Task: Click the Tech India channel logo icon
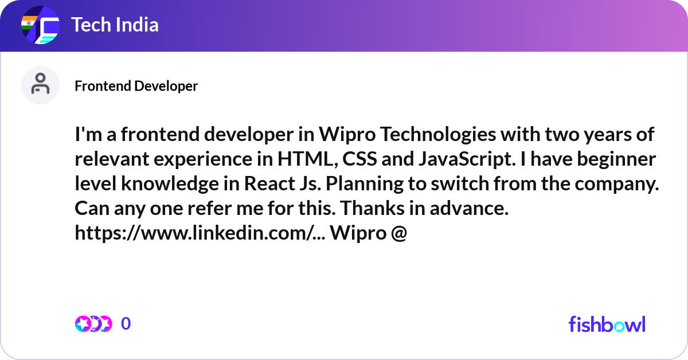click(x=40, y=26)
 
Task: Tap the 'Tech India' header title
click(x=115, y=25)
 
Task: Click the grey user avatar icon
click(x=40, y=85)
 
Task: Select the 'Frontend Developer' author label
click(x=136, y=86)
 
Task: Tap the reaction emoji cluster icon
click(x=93, y=324)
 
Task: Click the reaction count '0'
click(x=126, y=324)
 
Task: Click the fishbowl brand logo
click(x=607, y=324)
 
